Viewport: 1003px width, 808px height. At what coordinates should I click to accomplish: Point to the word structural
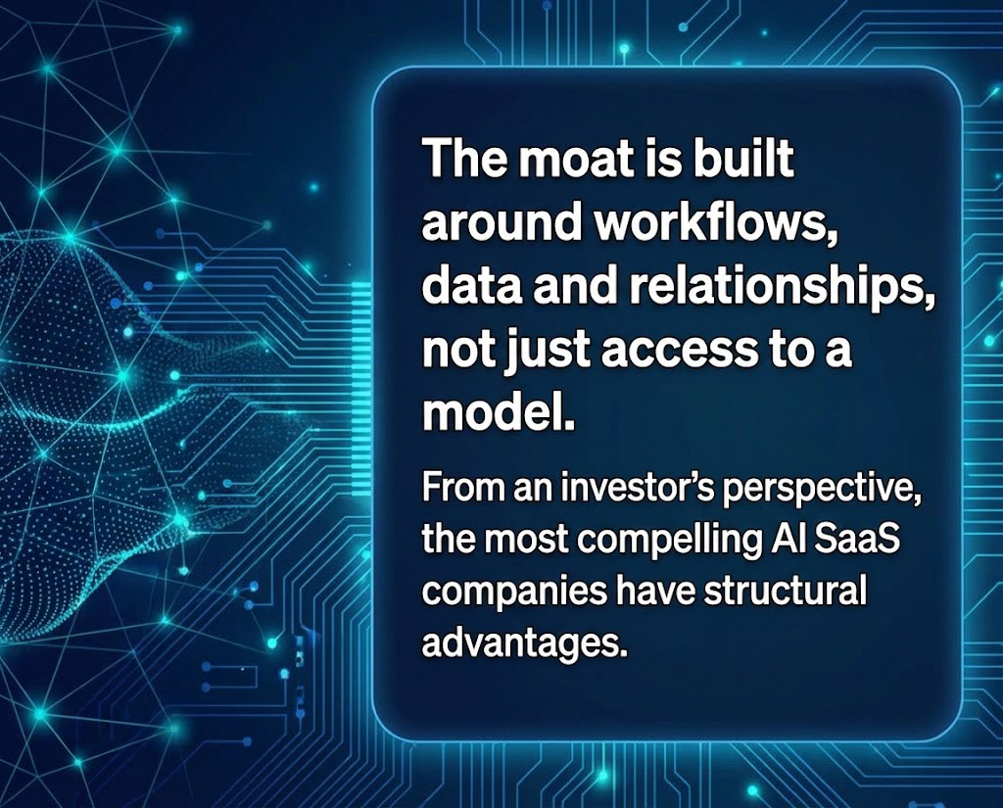pyautogui.click(x=785, y=591)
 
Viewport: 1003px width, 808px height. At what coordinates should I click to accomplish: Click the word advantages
pyautogui.click(x=521, y=642)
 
